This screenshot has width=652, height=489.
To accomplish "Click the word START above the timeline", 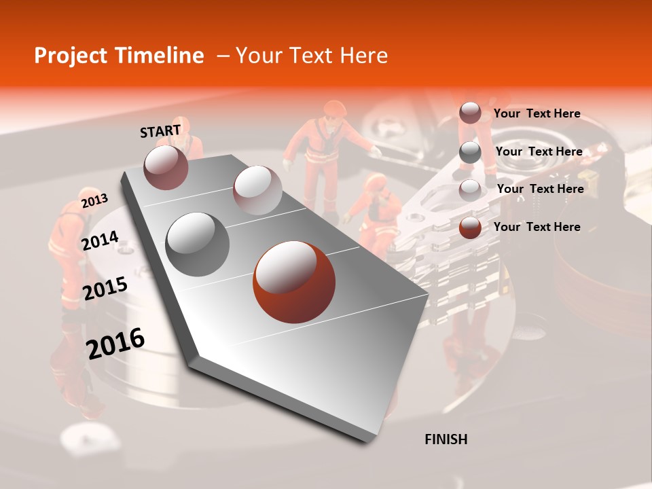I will click(160, 131).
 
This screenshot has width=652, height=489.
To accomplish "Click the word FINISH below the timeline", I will click(446, 439).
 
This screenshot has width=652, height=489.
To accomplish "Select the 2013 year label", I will click(94, 200).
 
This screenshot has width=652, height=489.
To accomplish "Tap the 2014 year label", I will click(100, 240).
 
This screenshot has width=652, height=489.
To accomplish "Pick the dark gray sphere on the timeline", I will click(198, 244).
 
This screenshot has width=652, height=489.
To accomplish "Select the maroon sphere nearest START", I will click(166, 167).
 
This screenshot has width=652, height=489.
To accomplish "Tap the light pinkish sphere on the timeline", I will click(257, 190).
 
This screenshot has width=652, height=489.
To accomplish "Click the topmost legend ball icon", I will click(470, 113).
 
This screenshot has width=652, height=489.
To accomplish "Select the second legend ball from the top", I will click(470, 152).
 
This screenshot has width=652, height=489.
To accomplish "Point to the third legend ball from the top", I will click(470, 189).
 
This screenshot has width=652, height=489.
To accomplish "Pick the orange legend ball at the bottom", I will click(470, 228).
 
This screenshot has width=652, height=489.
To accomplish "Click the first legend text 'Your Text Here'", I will click(537, 114).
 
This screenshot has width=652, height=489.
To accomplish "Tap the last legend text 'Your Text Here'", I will click(537, 227).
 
